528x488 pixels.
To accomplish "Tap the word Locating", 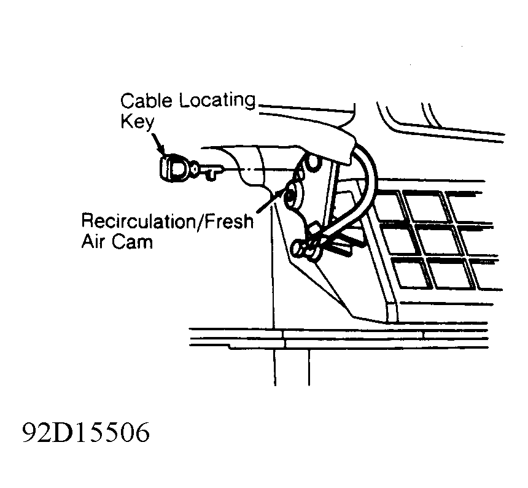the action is click(x=217, y=101).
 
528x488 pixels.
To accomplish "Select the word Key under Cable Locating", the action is click(x=137, y=122).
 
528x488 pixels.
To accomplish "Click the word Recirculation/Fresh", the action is click(x=168, y=221).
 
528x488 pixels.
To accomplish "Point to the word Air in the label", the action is click(x=93, y=241).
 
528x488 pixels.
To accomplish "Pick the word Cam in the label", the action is click(x=133, y=241).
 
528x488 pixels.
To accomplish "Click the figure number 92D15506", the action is click(x=86, y=432).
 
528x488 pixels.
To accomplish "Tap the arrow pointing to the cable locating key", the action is click(x=157, y=143).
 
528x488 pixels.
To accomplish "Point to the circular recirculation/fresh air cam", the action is click(x=293, y=196).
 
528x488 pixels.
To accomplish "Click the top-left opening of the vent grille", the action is click(x=389, y=207).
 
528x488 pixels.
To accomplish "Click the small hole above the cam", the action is click(x=313, y=161).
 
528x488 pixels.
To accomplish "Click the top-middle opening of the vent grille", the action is click(x=427, y=207).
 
